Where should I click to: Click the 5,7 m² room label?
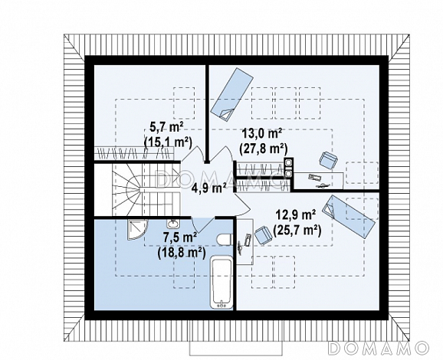coord(166,128)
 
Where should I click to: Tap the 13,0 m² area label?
coord(262,133)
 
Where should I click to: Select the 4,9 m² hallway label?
coord(208,187)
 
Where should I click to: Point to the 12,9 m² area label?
coord(296,215)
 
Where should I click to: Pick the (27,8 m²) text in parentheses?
coord(263,149)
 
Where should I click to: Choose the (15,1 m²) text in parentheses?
coord(168,142)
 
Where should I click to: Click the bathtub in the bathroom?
coord(221,282)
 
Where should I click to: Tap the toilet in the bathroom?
coord(225,240)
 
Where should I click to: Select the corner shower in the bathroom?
coord(136,229)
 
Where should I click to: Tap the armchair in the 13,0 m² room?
coord(328,160)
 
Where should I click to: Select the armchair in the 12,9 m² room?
coord(263,235)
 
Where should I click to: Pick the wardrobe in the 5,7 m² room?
coord(135,153)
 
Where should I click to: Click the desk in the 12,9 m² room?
coord(244,241)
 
